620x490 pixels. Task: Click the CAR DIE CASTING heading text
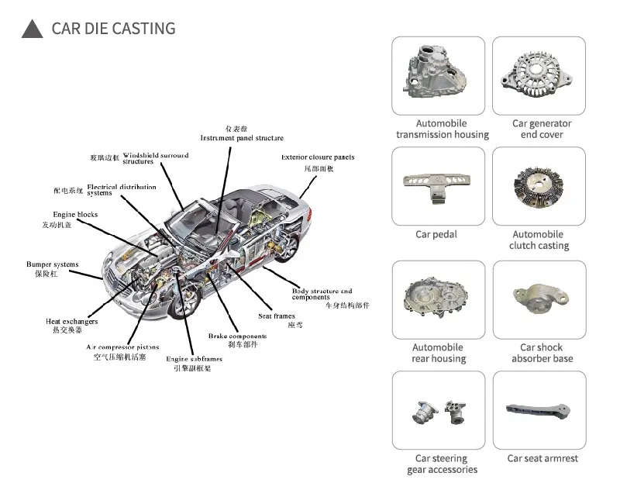pos(113,29)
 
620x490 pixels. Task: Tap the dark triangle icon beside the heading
pos(32,29)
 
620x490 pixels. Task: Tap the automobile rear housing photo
pos(438,298)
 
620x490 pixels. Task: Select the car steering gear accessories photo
pos(438,409)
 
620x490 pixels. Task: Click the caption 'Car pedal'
pos(436,235)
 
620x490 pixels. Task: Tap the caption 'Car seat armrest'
pos(542,458)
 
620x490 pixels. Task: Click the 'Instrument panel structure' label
pos(242,138)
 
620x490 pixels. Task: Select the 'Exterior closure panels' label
pos(318,157)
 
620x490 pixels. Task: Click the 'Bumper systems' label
pos(52,264)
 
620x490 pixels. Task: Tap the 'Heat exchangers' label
pos(71,321)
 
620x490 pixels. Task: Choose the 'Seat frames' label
pos(277,316)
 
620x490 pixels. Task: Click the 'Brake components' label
pos(237,336)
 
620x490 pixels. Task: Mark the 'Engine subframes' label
pos(194,359)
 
